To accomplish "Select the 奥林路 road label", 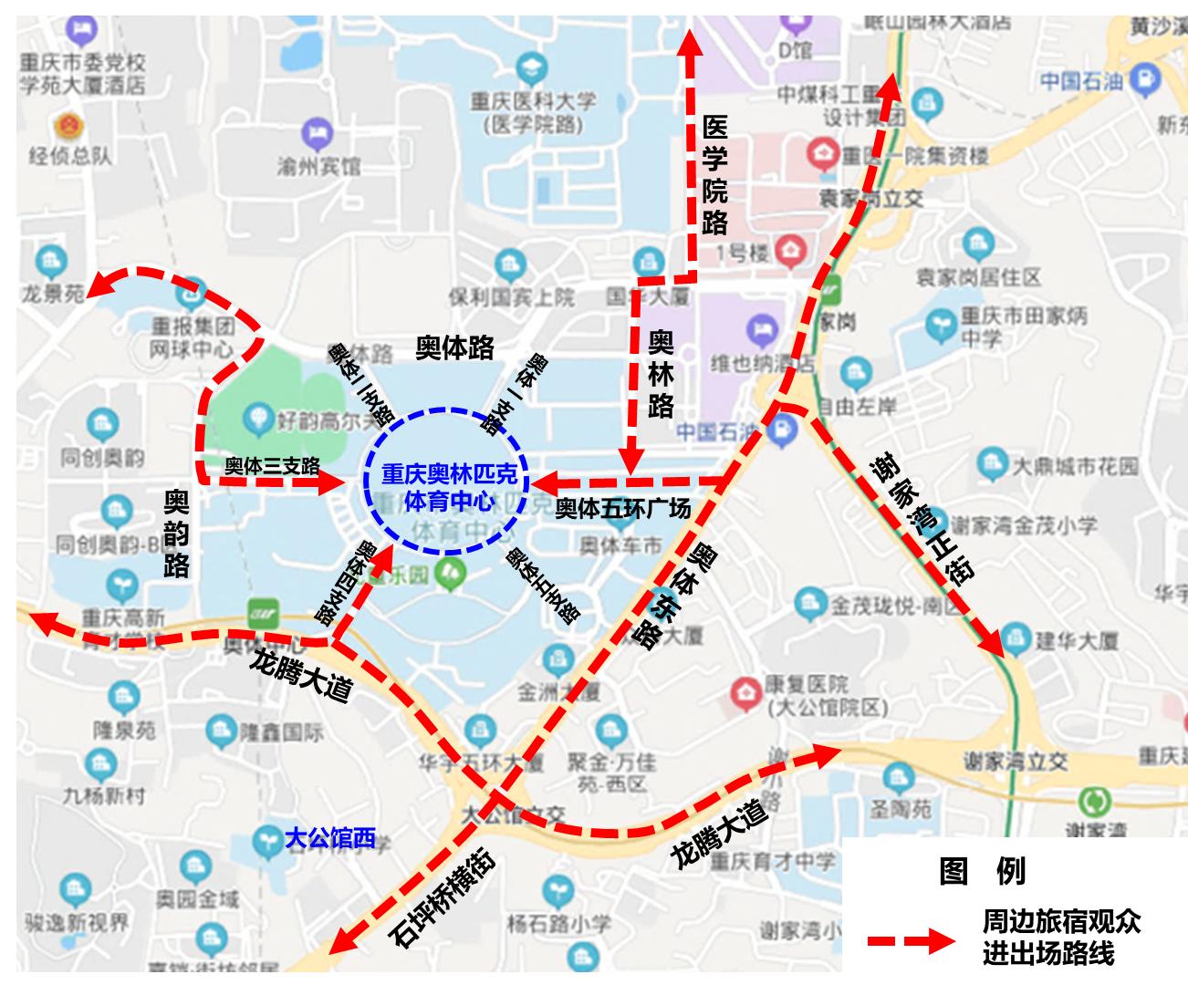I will pos(661,374).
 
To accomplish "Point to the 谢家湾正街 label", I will pos(922,521).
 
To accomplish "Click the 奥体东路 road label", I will pos(676,594).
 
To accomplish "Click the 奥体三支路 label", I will pos(272,466).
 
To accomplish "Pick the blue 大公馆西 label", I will pos(329,838).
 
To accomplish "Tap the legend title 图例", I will pos(982,872).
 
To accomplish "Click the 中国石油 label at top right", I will pos(1081,81).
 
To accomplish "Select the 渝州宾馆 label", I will pos(318,167).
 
